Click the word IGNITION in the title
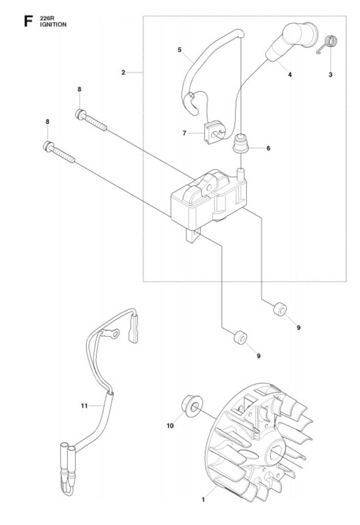[53, 25]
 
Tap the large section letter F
[29, 22]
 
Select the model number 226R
[47, 18]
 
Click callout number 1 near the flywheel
[203, 500]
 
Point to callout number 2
[123, 72]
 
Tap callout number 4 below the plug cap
[290, 74]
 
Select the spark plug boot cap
[291, 42]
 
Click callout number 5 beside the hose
[179, 50]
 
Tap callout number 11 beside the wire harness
[84, 406]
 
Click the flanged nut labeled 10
[192, 405]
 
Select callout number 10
[170, 426]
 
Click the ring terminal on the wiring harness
[113, 333]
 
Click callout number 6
[268, 148]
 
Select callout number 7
[184, 133]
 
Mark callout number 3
[331, 74]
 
